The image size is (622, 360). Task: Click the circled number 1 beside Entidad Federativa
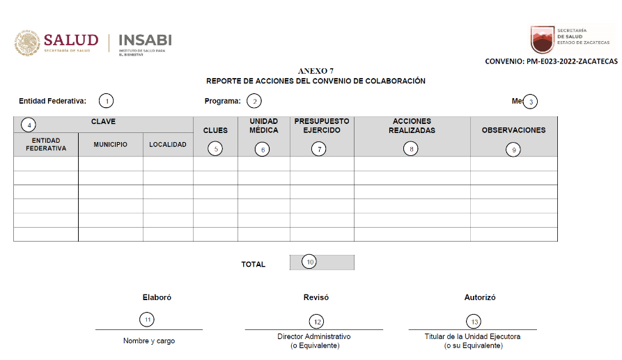coord(106,101)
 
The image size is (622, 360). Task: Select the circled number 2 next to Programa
coord(255,101)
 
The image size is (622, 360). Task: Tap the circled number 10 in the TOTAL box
coord(309,262)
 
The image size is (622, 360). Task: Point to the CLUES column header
coord(215,130)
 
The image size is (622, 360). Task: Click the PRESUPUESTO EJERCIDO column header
coord(322,125)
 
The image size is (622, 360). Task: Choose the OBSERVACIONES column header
coord(513,130)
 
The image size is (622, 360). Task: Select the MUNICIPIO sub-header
coord(110,145)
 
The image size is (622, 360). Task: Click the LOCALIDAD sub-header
coord(168,145)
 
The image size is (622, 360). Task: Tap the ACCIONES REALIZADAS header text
coord(412,125)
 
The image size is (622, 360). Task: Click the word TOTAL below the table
coord(254,265)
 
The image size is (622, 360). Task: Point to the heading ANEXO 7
coord(316,71)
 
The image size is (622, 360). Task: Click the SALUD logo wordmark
coord(71,40)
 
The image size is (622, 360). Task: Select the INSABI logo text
coord(146,40)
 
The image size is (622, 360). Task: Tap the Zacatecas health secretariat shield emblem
coord(543,40)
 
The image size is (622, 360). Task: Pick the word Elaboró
coord(157,297)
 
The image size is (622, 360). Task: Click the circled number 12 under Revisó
coord(317,321)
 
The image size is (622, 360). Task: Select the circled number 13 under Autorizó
coord(475,321)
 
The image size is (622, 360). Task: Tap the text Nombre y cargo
coord(149,341)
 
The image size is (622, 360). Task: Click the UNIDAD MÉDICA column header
coord(263,125)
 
